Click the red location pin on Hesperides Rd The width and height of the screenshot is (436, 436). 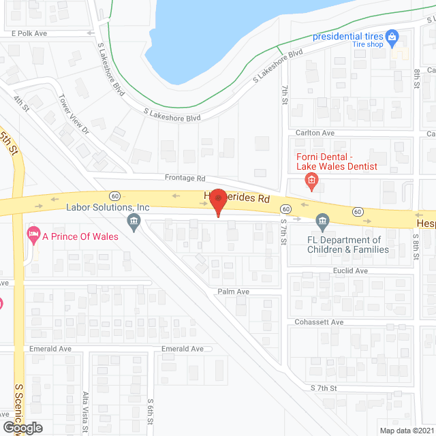point(217,202)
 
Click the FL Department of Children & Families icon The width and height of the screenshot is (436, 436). point(322,220)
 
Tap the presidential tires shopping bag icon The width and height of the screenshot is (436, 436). point(391,35)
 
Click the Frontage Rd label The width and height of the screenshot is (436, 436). point(185,178)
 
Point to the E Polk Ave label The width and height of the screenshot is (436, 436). point(30,33)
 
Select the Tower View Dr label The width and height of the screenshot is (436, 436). point(75,114)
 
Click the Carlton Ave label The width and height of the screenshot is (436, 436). point(315,133)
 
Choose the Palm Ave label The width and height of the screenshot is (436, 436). point(234,292)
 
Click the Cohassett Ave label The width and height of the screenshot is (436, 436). point(318,322)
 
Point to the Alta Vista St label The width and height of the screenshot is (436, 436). point(86,413)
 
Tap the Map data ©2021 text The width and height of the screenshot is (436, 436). point(405,431)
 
